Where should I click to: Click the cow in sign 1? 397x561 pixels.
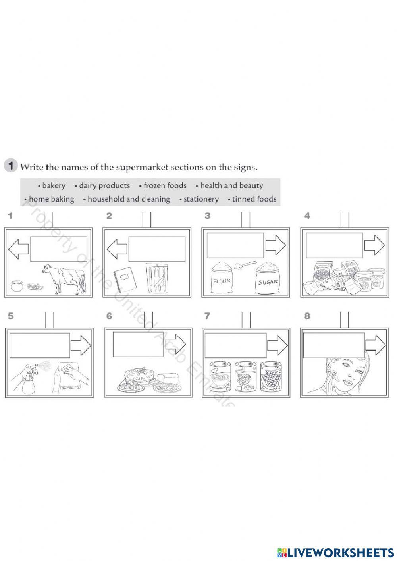pyautogui.click(x=66, y=280)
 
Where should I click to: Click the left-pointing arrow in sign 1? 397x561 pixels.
pyautogui.click(x=18, y=249)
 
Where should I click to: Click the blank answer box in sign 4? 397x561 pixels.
pyautogui.click(x=334, y=247)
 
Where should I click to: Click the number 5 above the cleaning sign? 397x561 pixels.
pyautogui.click(x=11, y=316)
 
